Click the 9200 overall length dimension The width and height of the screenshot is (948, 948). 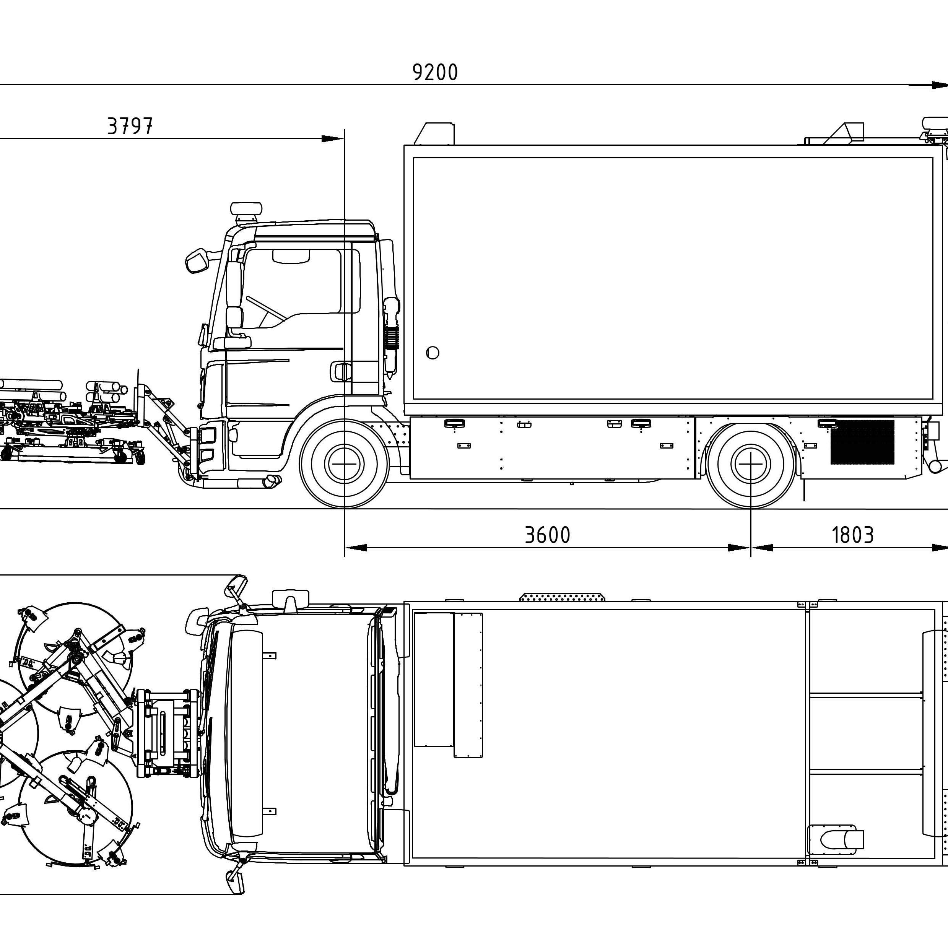435,73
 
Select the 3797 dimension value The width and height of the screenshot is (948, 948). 130,126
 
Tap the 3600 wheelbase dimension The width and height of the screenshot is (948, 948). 548,535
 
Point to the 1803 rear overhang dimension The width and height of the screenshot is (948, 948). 853,535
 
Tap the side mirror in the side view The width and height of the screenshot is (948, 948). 198,260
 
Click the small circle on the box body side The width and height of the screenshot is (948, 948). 432,352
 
